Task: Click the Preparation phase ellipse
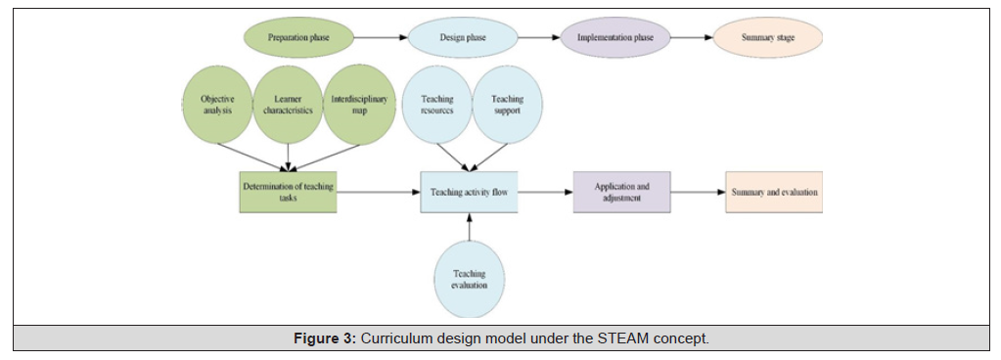[x=298, y=37]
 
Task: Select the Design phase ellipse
[x=463, y=37]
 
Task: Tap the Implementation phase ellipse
[x=615, y=37]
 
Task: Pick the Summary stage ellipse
[x=768, y=37]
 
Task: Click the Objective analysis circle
[x=217, y=105]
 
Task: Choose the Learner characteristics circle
[x=288, y=105]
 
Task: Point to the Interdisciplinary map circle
[x=358, y=105]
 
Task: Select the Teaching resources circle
[x=437, y=105]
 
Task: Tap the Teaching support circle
[x=508, y=105]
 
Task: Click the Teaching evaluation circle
[x=470, y=280]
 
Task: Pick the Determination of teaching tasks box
[x=288, y=192]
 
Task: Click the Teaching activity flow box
[x=469, y=192]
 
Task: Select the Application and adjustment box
[x=621, y=192]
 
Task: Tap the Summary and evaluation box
[x=774, y=192]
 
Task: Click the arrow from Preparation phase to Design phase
[x=381, y=37]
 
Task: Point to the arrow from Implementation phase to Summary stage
[x=692, y=37]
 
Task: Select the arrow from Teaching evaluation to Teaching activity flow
[x=470, y=227]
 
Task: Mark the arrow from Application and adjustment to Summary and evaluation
[x=699, y=192]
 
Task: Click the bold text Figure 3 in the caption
[x=324, y=338]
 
